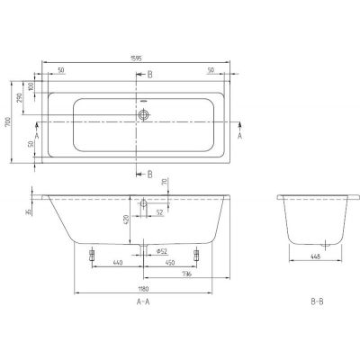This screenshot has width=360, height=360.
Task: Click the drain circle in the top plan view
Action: (143, 115)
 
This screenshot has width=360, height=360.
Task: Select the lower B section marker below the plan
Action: (149, 173)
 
